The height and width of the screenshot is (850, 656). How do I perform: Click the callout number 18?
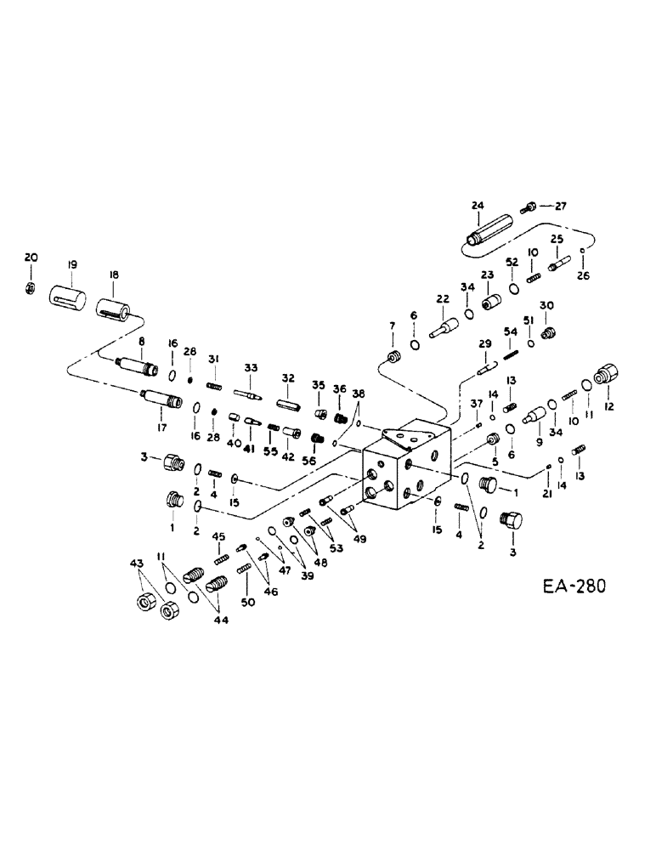click(x=113, y=275)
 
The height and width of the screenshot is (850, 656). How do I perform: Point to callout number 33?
click(x=250, y=368)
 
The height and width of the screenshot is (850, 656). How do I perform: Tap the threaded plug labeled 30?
click(x=547, y=331)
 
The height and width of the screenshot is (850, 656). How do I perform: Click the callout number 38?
click(x=359, y=394)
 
